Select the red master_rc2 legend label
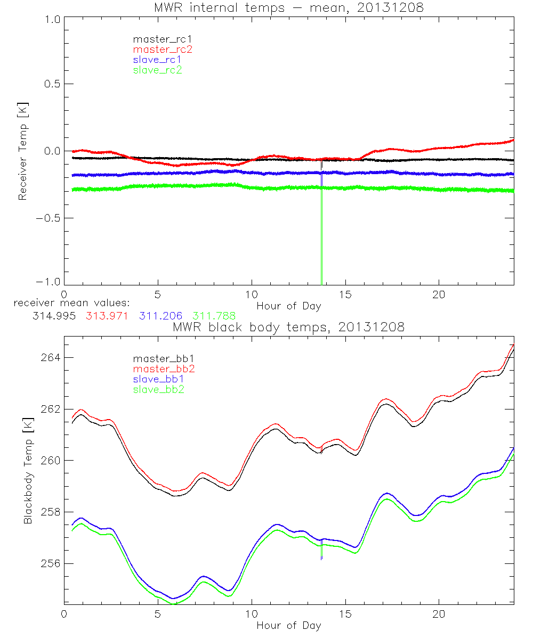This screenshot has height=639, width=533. pyautogui.click(x=162, y=49)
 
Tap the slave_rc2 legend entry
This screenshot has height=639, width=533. pyautogui.click(x=157, y=70)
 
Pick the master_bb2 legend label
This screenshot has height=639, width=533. pyautogui.click(x=162, y=368)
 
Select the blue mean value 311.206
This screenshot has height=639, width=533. pyautogui.click(x=160, y=315)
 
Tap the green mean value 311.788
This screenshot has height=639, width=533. pyautogui.click(x=214, y=315)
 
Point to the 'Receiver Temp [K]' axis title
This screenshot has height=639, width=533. pyautogui.click(x=22, y=152)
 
